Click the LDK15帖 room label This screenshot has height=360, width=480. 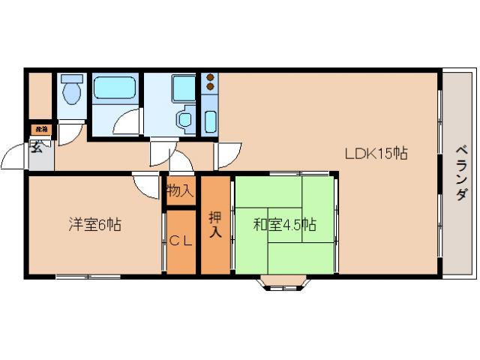click(376, 154)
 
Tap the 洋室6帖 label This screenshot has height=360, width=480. click(96, 223)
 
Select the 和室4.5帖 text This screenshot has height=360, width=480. click(284, 224)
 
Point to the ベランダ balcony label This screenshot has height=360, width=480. click(460, 172)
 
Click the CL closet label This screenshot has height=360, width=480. click(180, 241)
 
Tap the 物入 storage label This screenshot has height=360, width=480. click(180, 190)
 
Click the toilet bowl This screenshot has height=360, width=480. click(73, 94)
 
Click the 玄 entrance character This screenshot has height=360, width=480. click(36, 146)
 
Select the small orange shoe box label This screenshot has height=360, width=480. click(42, 129)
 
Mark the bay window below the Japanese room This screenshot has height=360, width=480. click(283, 283)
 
